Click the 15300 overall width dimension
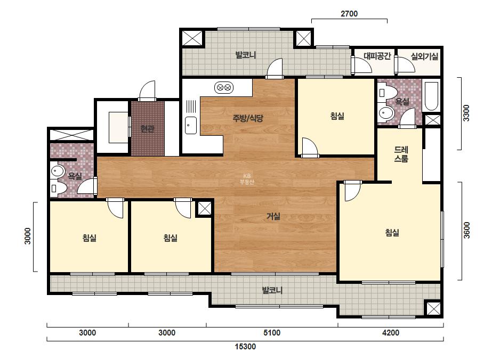point(245,347)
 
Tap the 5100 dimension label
point(272,333)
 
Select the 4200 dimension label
point(391,333)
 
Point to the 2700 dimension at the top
point(349,13)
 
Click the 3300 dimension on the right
point(466,113)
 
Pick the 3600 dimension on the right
point(466,230)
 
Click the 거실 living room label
point(273,216)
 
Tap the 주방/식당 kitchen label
point(247,118)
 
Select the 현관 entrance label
point(147,128)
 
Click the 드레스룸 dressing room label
point(401,154)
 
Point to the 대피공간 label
point(377,56)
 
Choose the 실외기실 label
point(424,56)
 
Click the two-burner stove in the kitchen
point(224,87)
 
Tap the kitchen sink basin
point(190,125)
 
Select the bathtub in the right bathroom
point(431,96)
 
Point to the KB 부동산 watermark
point(247,179)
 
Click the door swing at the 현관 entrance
point(147,91)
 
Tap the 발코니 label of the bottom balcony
point(272,290)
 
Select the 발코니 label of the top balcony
point(246,55)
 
